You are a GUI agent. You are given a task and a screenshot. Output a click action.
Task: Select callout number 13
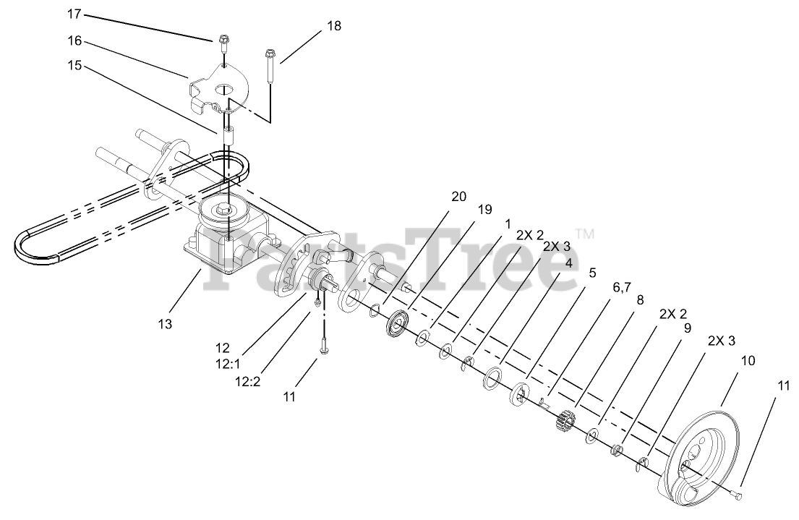(x=165, y=324)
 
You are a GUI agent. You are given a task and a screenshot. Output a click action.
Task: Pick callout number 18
(x=333, y=25)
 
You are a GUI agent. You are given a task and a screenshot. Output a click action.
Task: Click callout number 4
(x=569, y=263)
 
